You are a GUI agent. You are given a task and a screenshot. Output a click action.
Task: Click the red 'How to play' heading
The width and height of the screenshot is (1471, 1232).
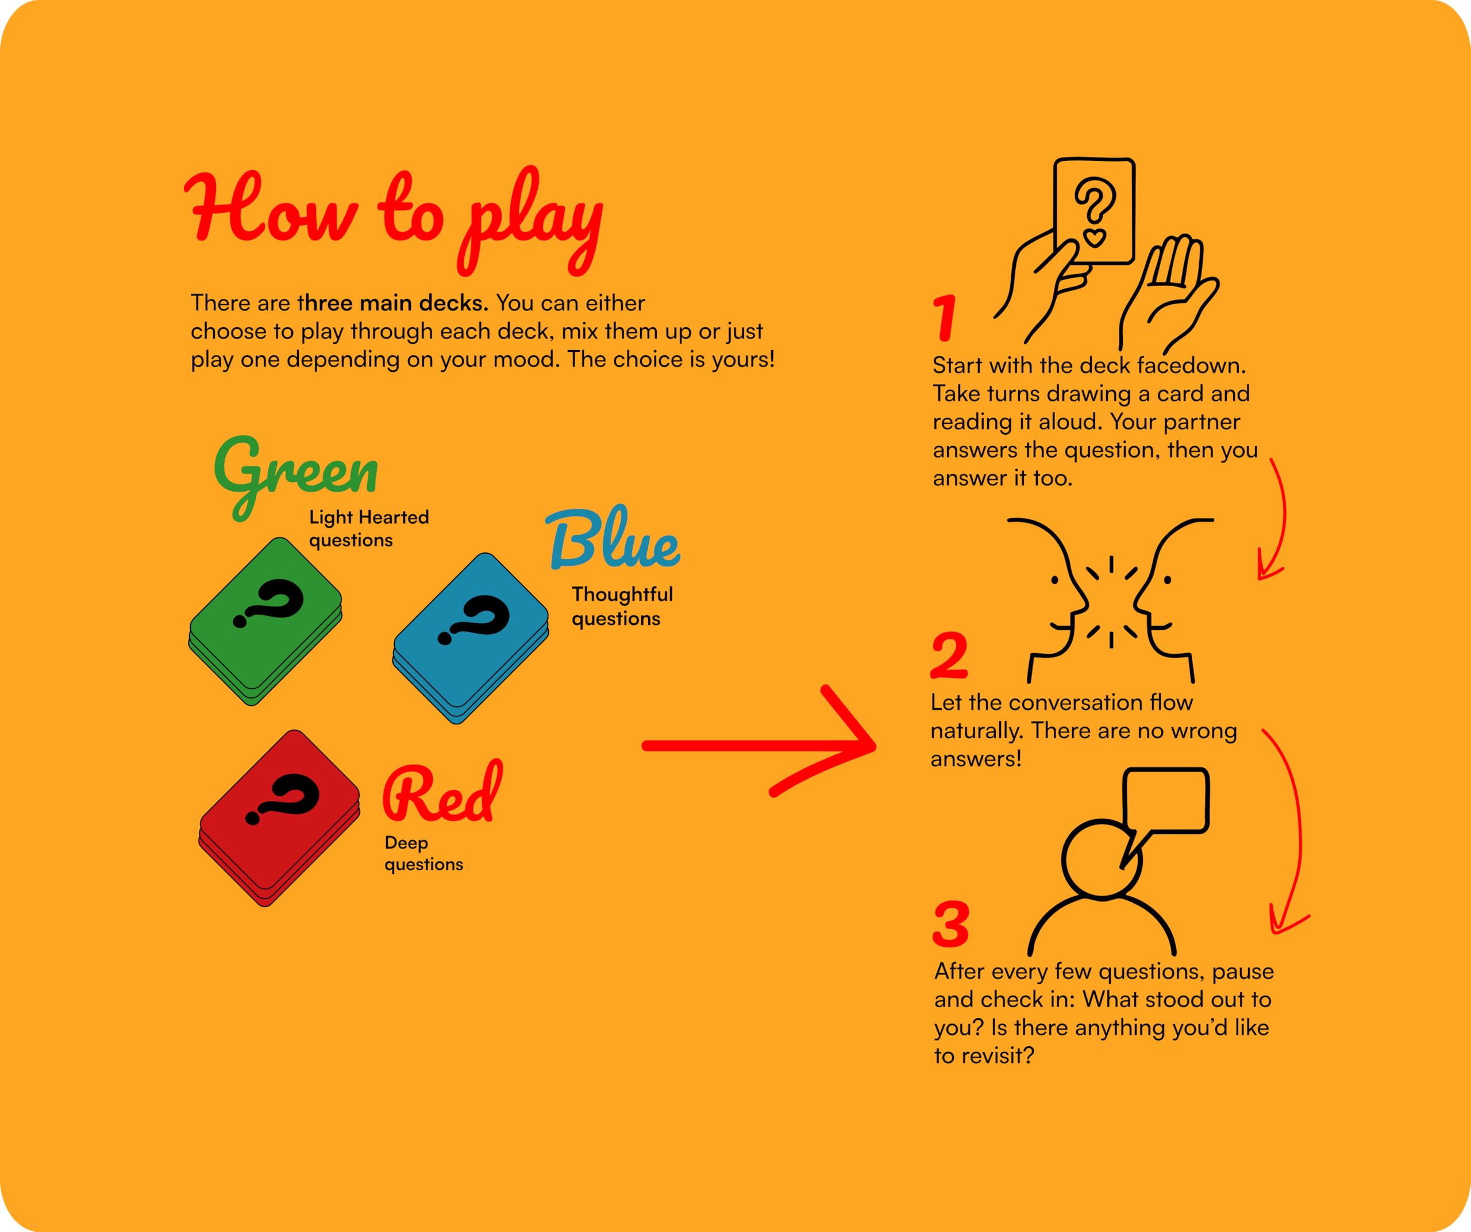[394, 221]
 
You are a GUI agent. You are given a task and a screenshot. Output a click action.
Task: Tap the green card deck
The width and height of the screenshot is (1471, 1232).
[265, 621]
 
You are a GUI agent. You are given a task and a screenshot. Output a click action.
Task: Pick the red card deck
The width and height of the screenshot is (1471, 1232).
[279, 818]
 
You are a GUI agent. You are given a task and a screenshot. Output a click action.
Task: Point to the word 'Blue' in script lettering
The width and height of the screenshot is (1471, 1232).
[612, 538]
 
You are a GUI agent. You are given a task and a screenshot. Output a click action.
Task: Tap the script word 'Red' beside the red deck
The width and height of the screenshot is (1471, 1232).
[442, 792]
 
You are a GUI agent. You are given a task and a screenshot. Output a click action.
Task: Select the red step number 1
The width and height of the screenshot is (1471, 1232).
[945, 318]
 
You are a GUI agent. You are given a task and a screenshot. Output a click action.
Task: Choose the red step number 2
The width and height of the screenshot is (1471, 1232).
[949, 655]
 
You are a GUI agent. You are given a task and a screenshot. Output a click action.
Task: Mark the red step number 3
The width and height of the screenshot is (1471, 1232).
[951, 924]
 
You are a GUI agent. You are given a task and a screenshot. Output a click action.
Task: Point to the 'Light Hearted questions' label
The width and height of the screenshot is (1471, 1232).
[369, 528]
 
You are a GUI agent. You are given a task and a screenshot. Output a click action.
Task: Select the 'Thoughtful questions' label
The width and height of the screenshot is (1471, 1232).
[622, 606]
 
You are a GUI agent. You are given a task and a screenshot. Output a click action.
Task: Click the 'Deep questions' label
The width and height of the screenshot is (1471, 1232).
[424, 853]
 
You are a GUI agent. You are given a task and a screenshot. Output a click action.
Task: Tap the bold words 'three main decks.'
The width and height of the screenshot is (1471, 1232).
[393, 304]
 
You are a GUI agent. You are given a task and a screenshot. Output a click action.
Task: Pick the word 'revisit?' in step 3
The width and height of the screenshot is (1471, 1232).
[1000, 1056]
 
